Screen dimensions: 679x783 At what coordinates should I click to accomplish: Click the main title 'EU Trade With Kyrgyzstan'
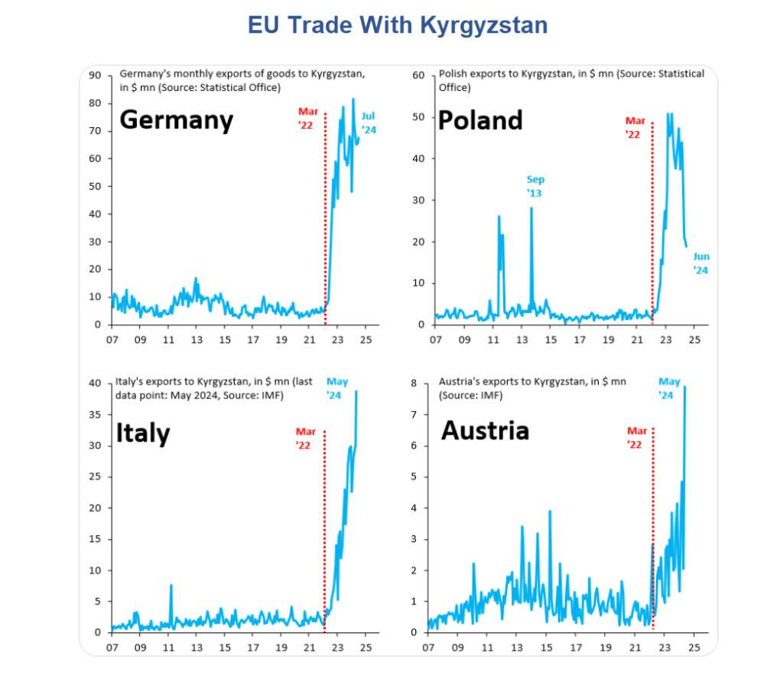tap(398, 24)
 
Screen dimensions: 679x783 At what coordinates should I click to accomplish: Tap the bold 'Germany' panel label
tap(177, 120)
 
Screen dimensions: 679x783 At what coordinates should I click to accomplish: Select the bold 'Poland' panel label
tap(480, 119)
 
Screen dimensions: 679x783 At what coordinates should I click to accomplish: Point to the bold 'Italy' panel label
tap(142, 433)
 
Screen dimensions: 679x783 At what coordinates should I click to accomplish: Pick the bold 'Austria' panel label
tap(485, 430)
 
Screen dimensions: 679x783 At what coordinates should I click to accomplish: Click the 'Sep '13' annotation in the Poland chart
tap(534, 186)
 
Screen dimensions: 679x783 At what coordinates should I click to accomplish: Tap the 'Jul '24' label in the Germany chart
tap(369, 123)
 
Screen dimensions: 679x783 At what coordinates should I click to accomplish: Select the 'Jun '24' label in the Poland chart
tap(701, 263)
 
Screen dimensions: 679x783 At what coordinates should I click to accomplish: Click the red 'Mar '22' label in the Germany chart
tap(308, 117)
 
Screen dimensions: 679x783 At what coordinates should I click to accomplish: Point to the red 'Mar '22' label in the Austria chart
tap(637, 438)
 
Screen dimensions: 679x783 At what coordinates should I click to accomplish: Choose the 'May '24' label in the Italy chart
tap(334, 388)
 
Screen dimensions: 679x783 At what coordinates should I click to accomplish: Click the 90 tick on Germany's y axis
tap(96, 75)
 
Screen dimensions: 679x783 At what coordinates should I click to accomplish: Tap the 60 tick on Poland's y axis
tap(417, 75)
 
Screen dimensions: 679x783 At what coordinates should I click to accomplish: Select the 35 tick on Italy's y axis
tap(96, 414)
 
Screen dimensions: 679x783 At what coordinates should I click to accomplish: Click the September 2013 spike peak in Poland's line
tap(531, 207)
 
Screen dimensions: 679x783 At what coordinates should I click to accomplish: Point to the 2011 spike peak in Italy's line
tap(171, 585)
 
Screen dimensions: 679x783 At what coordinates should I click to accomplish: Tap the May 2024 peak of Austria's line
tap(684, 387)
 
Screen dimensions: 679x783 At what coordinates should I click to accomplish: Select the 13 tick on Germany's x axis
tap(197, 340)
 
